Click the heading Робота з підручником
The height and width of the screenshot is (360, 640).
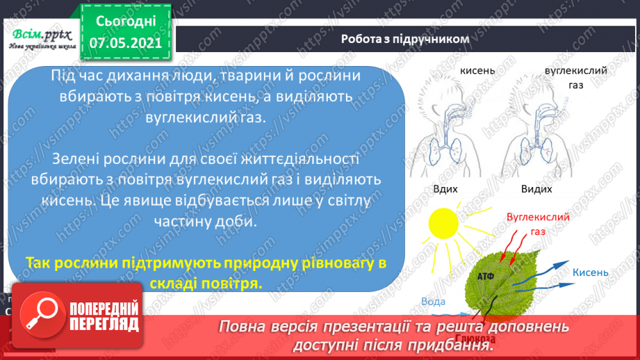coord(405,39)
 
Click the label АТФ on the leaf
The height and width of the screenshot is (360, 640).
coord(486,277)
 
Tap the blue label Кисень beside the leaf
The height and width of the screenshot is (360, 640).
coord(591,272)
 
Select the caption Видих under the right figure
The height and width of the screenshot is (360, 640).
coord(536,189)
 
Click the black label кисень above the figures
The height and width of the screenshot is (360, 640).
coord(477,72)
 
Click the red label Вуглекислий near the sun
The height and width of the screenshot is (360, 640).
coord(539,217)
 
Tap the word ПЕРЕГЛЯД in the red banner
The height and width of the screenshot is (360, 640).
coord(105,324)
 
